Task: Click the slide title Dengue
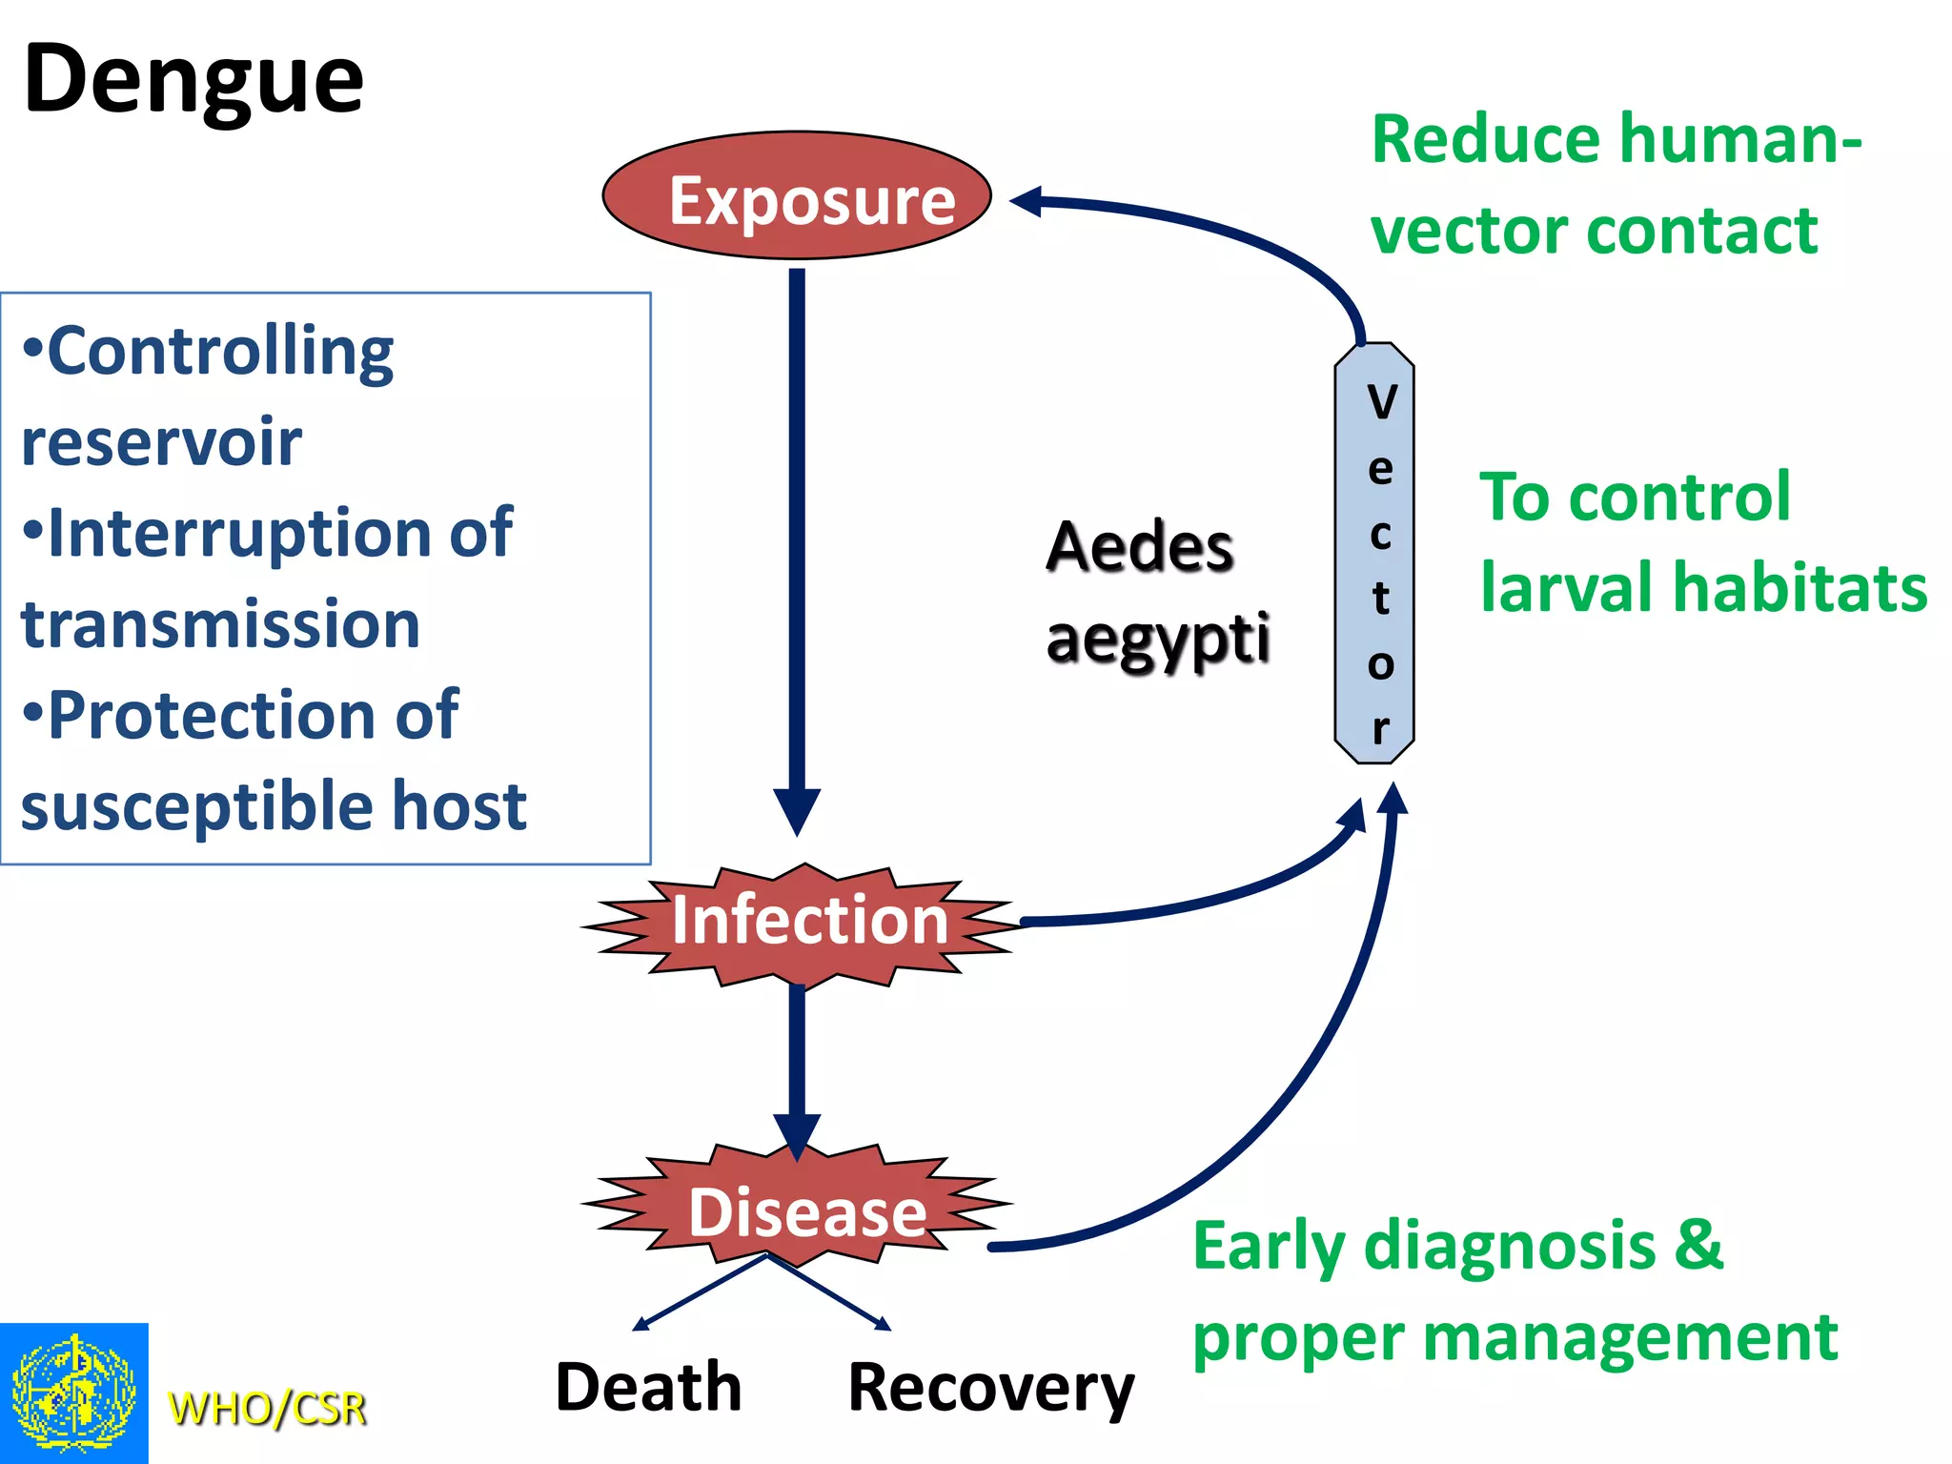[193, 81]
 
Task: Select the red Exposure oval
[797, 196]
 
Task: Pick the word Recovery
[990, 1390]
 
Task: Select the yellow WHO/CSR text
[267, 1408]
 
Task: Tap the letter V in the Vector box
[1381, 402]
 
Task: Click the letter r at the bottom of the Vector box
[1380, 729]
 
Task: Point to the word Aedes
[1139, 547]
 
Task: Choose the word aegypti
[1157, 639]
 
